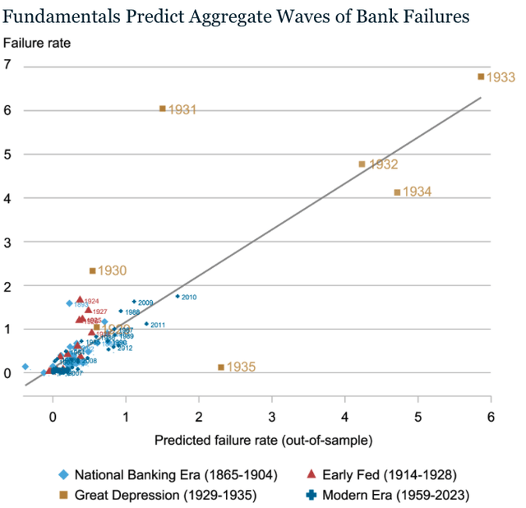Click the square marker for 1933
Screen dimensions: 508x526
click(x=481, y=76)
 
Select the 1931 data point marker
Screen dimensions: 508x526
click(x=163, y=109)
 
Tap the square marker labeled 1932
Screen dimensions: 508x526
click(x=362, y=164)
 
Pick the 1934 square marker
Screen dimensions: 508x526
click(x=397, y=192)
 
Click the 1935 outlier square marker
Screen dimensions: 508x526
click(x=221, y=367)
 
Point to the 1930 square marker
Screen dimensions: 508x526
click(x=93, y=270)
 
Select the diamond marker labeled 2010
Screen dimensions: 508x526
click(x=178, y=296)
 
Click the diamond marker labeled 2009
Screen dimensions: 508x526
click(x=134, y=302)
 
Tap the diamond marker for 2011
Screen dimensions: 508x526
click(x=146, y=324)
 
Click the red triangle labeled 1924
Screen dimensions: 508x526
click(x=80, y=299)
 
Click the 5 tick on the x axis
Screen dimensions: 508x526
click(x=418, y=418)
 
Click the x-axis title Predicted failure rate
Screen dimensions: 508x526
click(x=263, y=441)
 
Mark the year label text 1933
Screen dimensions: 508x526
click(x=501, y=77)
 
